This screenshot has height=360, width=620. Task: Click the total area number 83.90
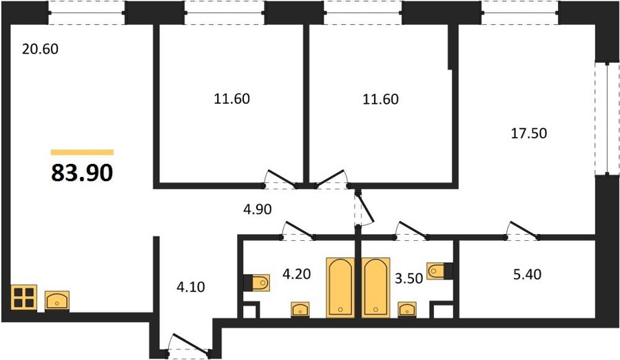coord(82,173)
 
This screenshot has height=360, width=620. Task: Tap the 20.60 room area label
coord(40,49)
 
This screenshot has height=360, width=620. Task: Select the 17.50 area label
coord(529,133)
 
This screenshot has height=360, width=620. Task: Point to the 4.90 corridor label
coord(258,209)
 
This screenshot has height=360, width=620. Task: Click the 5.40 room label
coord(527,274)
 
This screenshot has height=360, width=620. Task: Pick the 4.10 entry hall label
coord(191,287)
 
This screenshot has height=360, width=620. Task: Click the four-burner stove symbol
coord(23,297)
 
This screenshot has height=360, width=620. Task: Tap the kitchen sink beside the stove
coord(57,300)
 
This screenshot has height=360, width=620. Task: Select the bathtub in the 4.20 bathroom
coord(340,287)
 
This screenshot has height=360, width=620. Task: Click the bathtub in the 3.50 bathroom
coord(375,287)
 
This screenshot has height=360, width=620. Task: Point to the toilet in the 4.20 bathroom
coord(257,282)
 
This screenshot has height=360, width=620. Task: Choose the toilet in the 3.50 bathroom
coord(440,271)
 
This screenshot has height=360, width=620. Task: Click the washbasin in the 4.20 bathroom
coord(300,309)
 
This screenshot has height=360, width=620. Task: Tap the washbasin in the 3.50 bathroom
coord(407,309)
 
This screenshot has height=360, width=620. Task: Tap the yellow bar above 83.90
coord(82,152)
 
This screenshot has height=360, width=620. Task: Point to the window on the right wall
coord(608,118)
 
